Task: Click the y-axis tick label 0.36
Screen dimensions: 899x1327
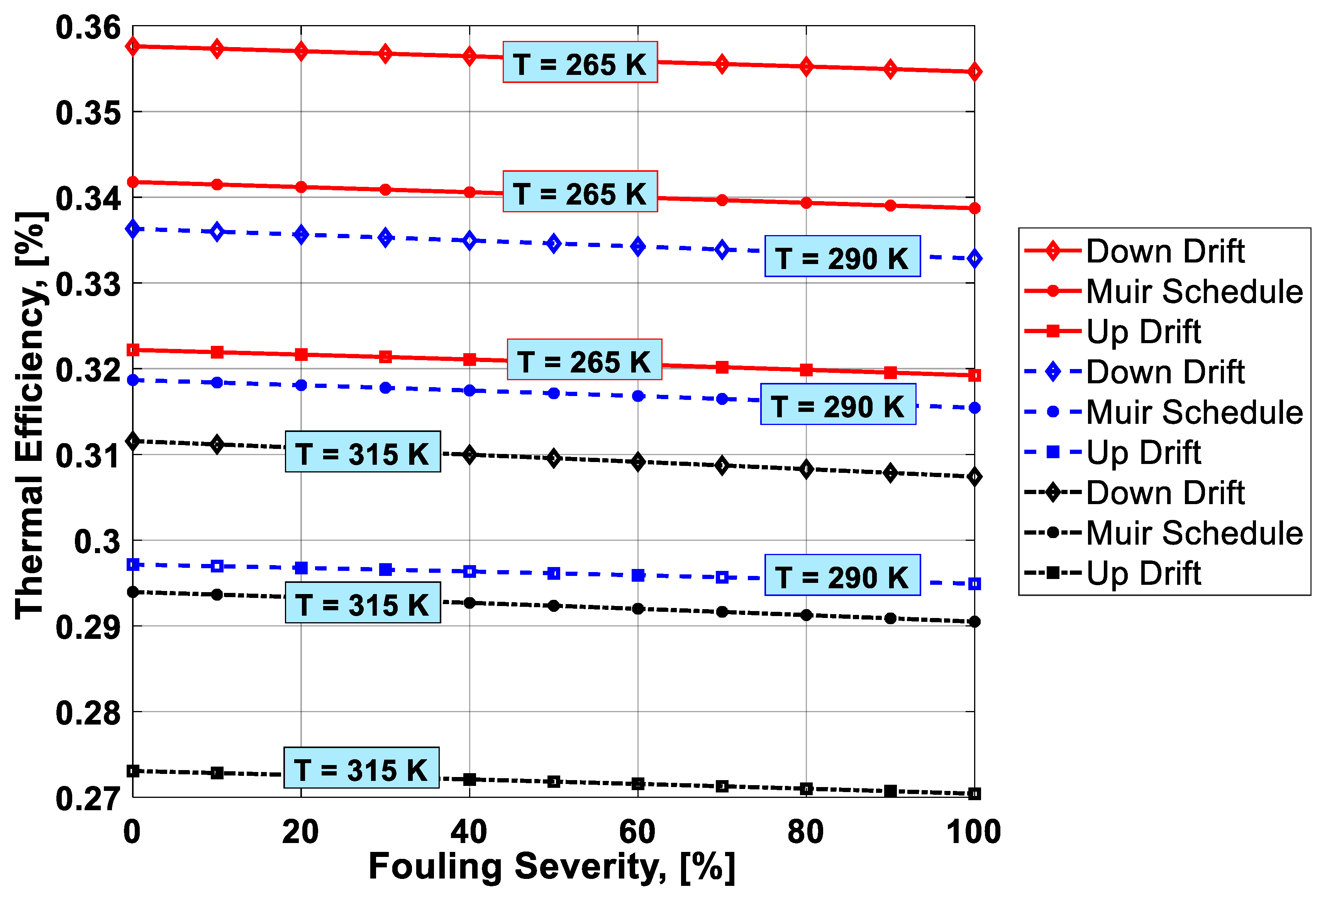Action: point(88,27)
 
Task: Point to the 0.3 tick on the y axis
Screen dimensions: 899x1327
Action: point(98,541)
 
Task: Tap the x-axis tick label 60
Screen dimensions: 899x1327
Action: point(637,832)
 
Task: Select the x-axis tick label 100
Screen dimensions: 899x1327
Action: point(974,832)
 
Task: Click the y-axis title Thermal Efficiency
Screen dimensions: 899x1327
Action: point(30,416)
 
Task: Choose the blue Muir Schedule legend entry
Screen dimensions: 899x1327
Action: point(1165,412)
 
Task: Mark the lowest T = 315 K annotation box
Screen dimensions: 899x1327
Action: point(361,768)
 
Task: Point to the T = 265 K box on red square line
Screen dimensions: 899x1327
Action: point(584,360)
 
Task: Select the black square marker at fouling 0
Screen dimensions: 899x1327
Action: point(133,771)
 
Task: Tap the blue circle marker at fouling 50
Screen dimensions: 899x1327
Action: point(553,393)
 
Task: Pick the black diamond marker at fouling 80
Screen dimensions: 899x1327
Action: point(806,469)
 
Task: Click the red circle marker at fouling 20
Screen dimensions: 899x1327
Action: point(301,187)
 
